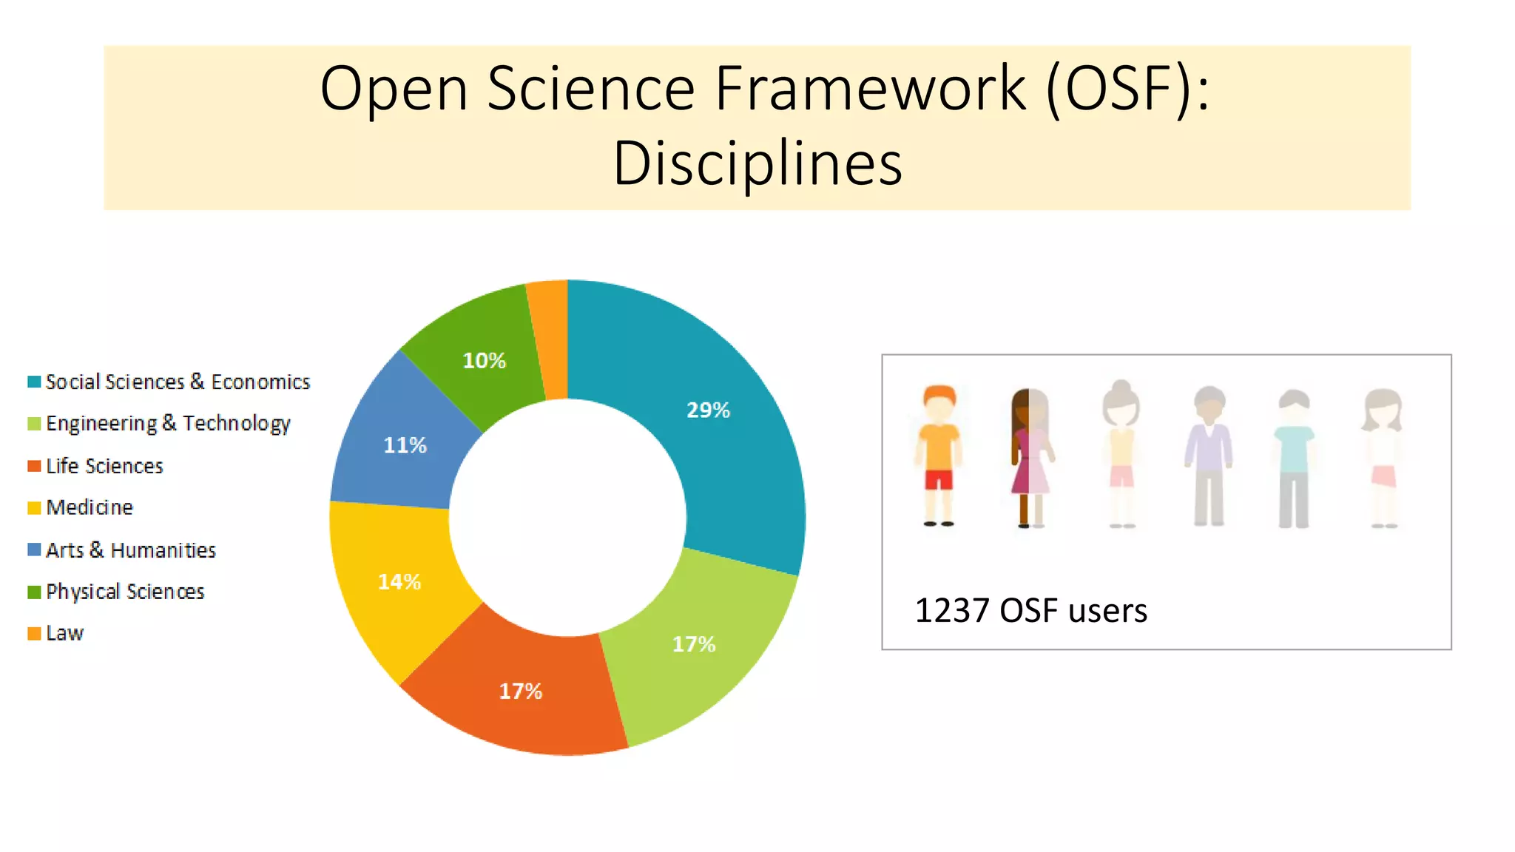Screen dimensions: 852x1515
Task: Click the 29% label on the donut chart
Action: pos(708,410)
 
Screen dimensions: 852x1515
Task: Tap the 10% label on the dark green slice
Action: pos(484,361)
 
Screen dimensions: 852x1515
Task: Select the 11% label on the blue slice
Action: pos(405,445)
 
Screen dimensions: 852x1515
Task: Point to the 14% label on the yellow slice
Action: pos(399,582)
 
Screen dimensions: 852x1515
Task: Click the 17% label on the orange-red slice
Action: pos(520,692)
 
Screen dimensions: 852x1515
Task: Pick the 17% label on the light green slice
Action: pos(693,644)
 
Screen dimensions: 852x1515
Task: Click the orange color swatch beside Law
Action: pos(34,634)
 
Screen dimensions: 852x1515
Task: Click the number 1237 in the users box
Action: pos(951,611)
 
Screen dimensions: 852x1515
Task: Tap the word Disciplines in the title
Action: pos(757,163)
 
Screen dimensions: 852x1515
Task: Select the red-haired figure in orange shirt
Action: pos(939,455)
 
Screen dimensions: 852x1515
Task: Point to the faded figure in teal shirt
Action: pos(1294,459)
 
